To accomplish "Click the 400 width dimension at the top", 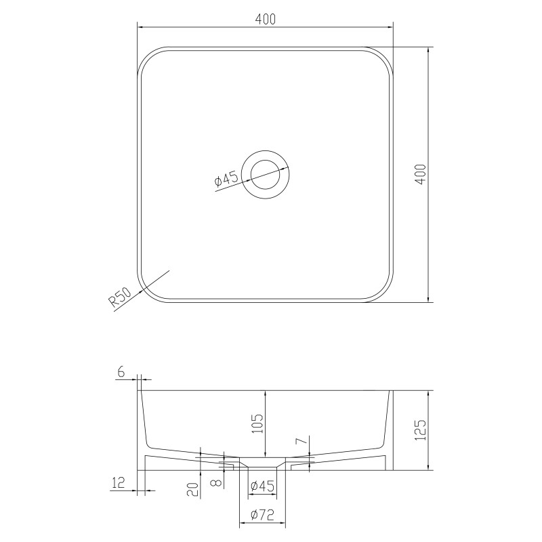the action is [266, 19].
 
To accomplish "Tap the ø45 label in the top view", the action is [226, 180].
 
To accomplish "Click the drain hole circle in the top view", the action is [266, 175].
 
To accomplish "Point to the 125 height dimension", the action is [420, 430].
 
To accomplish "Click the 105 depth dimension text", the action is [257, 424].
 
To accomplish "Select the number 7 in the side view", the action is [301, 441].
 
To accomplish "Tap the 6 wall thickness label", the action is [121, 372].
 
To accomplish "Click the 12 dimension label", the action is [118, 482].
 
